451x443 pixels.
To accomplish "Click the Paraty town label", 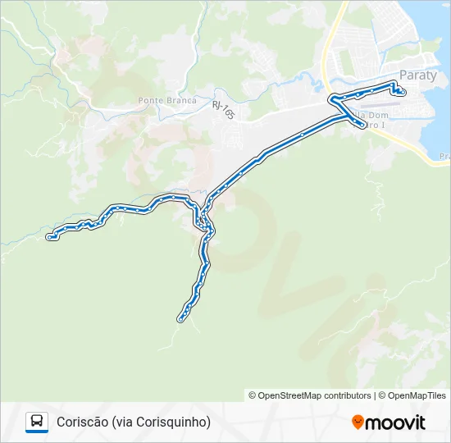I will coord(418,75).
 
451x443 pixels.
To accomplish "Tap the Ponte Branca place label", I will coord(167,100).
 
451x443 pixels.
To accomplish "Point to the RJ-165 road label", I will coord(222,109).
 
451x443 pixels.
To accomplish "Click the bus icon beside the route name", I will coord(37,422).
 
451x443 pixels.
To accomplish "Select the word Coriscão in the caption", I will coord(81,422).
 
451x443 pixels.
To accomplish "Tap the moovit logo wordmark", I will coord(396,422).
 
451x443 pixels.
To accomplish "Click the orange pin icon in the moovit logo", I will coord(358,422).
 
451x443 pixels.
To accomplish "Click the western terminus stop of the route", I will coord(51,237).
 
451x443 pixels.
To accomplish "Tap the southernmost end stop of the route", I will coord(180,318).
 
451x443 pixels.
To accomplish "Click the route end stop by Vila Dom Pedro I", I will coord(362,125).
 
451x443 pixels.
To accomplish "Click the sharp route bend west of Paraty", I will coord(333,99).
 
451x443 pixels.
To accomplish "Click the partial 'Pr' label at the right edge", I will coord(444,155).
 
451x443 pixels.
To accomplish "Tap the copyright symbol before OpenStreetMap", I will coord(253,395).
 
